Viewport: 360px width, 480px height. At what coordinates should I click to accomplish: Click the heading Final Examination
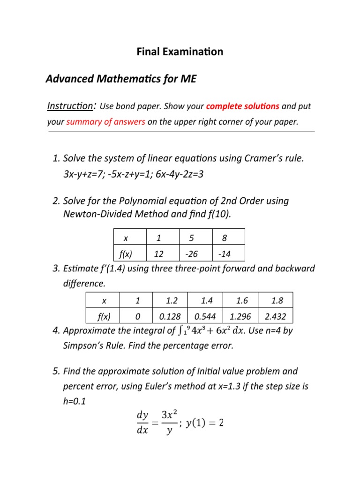point(180,52)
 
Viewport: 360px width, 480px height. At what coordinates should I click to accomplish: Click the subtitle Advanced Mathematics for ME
point(121,79)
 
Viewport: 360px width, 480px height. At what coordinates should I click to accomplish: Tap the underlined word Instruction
point(70,106)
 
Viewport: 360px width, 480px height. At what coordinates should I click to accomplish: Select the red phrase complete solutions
point(243,106)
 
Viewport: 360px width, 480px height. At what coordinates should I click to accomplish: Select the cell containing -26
point(195,254)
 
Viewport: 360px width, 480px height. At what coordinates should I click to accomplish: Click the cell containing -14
point(228,254)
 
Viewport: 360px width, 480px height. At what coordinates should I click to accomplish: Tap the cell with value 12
point(162,254)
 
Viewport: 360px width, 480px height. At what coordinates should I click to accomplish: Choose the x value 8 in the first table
point(228,238)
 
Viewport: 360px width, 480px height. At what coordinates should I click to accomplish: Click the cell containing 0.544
point(205,315)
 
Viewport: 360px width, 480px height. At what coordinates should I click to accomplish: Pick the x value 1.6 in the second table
point(240,300)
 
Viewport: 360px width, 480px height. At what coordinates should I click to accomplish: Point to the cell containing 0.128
point(170,315)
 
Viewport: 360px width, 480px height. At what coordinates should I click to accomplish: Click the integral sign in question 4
point(181,331)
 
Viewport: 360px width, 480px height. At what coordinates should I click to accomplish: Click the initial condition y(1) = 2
point(205,423)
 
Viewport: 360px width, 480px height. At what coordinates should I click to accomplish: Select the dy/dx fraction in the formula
point(142,423)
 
